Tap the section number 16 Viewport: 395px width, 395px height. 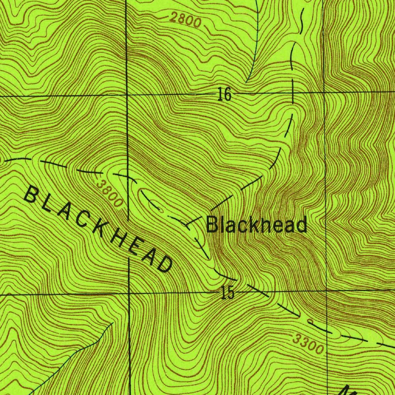click(224, 94)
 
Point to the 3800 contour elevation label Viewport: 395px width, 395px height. click(110, 194)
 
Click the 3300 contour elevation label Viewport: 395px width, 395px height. click(307, 344)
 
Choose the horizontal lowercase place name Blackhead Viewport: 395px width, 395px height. click(257, 225)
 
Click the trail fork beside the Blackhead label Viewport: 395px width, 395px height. click(188, 224)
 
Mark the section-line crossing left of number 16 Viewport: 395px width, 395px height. click(127, 95)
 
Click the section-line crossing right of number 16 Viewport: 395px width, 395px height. click(324, 93)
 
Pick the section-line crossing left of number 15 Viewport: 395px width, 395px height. click(129, 294)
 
